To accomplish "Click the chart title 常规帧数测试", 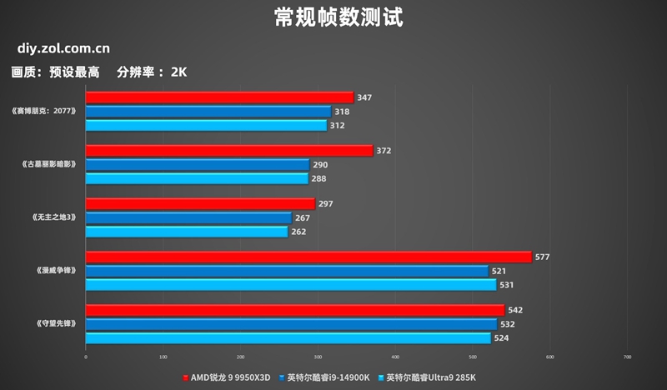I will pos(333,17).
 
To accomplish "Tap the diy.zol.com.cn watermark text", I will pos(61,49).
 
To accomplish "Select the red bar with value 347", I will pos(219,97).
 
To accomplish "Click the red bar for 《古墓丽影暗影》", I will pos(228,151).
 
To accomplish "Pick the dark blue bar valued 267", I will pos(188,217).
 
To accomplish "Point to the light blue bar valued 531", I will pos(291,284).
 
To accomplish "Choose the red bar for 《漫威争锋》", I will pos(308,257).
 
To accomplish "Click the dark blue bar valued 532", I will pos(291,324).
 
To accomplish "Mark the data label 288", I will pos(319,178).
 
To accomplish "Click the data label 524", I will pos(502,337).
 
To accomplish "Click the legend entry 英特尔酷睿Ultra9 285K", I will pos(429,377).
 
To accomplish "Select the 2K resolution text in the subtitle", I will pos(178,72).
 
